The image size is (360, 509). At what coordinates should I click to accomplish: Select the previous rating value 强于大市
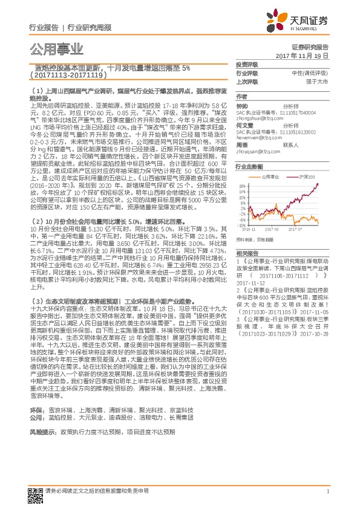pos(318,80)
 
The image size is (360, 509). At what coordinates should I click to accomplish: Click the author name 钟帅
pos(243,105)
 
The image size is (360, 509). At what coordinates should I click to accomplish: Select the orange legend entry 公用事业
pos(270,175)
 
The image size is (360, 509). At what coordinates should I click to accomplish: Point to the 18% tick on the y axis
pos(241,184)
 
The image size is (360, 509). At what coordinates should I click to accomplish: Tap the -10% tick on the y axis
pos(240,225)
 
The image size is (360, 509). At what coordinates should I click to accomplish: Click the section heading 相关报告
pos(247,253)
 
